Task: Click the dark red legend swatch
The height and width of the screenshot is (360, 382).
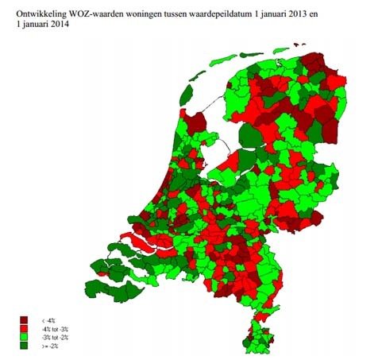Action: click(25, 319)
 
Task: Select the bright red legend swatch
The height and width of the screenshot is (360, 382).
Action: click(25, 328)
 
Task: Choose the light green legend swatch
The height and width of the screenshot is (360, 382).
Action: click(25, 337)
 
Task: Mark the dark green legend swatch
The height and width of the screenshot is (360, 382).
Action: click(25, 346)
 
